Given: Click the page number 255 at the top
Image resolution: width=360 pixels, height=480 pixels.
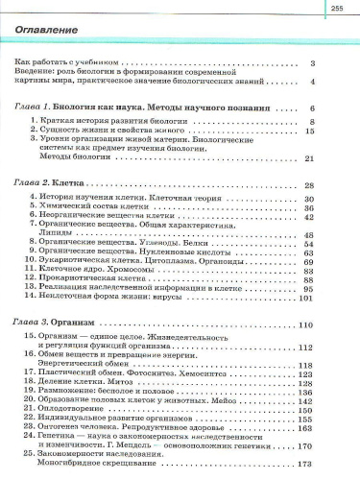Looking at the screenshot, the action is pos(337,9).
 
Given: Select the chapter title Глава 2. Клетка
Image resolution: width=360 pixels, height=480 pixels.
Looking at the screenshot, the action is pos(57,184).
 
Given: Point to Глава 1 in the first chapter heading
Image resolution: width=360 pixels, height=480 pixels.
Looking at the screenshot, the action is pos(40,109).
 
